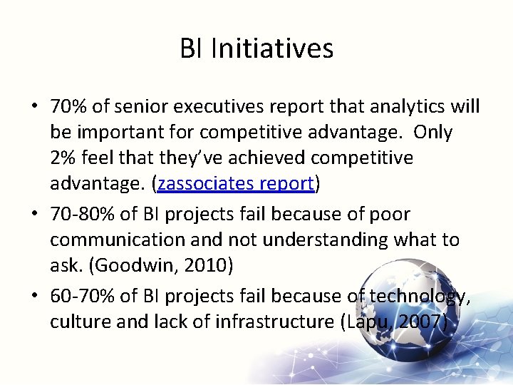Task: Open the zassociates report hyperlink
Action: pyautogui.click(x=236, y=183)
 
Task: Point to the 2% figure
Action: pyautogui.click(x=62, y=158)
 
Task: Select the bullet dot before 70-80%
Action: pyautogui.click(x=34, y=215)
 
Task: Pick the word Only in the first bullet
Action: pyautogui.click(x=433, y=133)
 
